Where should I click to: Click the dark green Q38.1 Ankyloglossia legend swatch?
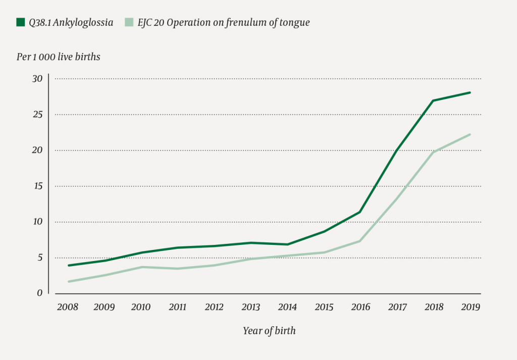[21, 22]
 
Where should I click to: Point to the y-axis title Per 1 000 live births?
[59, 57]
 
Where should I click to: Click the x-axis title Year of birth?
[269, 331]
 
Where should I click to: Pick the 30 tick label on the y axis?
[37, 79]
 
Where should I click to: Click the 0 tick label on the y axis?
[39, 293]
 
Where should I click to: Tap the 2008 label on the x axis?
[68, 307]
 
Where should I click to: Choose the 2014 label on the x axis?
[287, 307]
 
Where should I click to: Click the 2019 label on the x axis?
[470, 307]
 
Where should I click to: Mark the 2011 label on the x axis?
[178, 307]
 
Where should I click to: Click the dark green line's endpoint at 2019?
[470, 92]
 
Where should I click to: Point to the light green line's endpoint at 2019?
[470, 134]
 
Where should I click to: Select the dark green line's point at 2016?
[360, 212]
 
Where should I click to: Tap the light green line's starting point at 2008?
[68, 281]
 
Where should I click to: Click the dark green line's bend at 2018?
[433, 100]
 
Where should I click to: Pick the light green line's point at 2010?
[141, 267]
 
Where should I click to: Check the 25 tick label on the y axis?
[37, 115]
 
